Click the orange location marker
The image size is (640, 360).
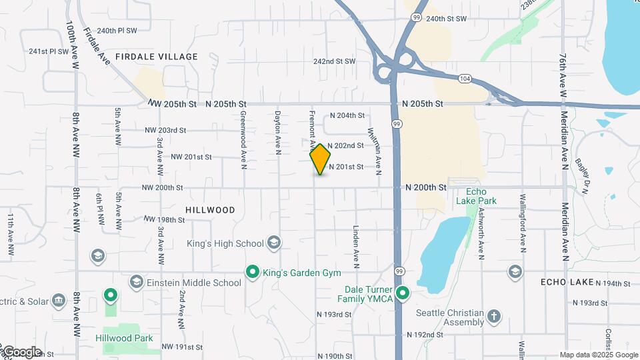point(321,159)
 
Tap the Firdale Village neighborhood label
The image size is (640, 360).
point(157,57)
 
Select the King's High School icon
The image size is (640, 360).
point(273,243)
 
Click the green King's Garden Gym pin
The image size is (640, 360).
point(253,272)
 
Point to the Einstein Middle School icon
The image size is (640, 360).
point(137,282)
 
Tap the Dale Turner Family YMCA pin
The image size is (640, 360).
point(402,293)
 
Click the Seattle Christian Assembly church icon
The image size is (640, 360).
point(494,316)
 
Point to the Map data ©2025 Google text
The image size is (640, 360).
point(599,355)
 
